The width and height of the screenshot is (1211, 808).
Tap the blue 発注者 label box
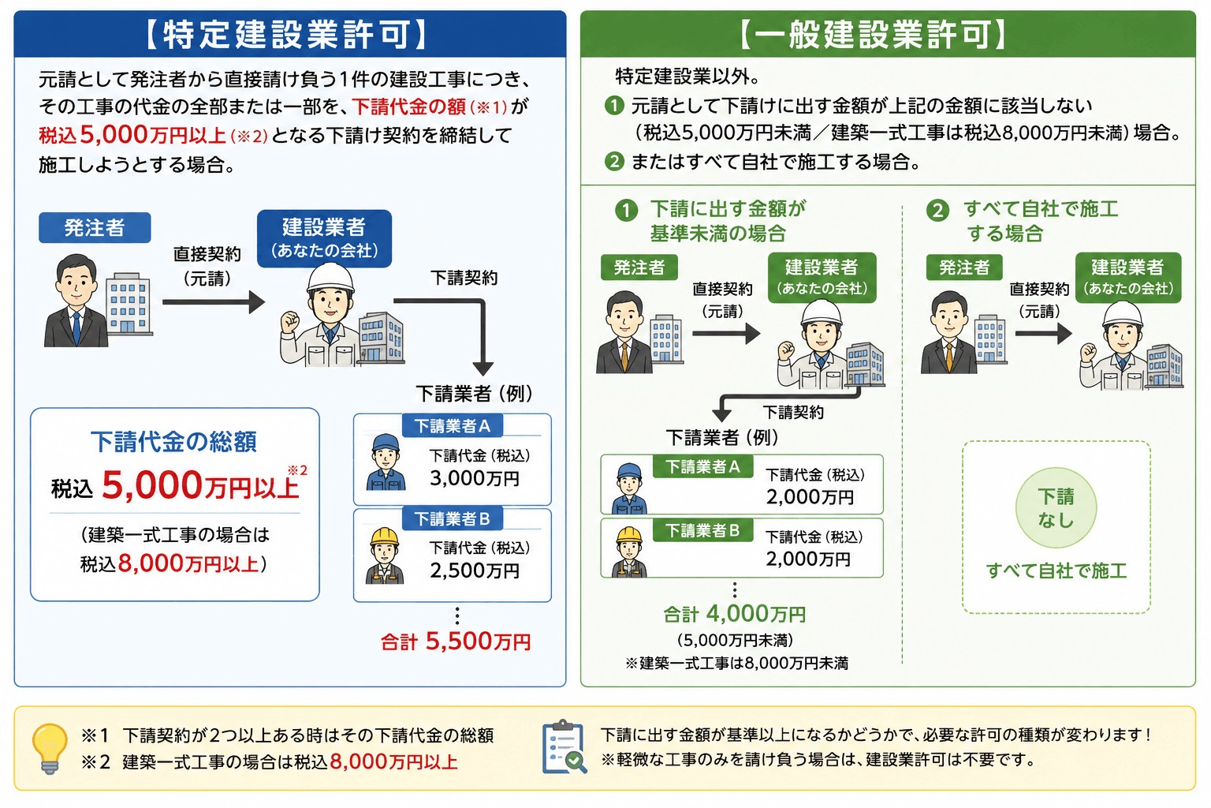click(x=95, y=227)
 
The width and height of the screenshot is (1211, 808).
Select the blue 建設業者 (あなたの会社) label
click(x=324, y=238)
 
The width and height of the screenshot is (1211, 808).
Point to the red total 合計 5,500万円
click(x=456, y=642)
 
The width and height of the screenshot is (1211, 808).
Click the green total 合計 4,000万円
click(x=735, y=614)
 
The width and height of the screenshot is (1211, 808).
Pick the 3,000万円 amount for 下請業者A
click(x=475, y=478)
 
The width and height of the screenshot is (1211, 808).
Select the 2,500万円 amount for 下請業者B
click(x=475, y=570)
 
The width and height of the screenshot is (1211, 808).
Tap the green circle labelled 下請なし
click(x=1056, y=507)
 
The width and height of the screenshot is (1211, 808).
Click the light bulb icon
click(x=50, y=749)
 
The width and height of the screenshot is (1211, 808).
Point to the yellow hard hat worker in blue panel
click(x=385, y=555)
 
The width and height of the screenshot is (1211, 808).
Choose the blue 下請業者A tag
click(x=453, y=426)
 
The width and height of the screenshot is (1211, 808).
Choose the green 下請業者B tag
click(x=702, y=530)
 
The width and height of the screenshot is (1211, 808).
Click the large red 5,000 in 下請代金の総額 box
click(x=152, y=485)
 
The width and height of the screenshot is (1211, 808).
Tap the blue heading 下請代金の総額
click(x=173, y=442)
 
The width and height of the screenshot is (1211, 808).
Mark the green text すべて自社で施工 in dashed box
click(x=1056, y=571)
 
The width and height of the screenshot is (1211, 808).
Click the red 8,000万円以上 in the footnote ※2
click(x=393, y=762)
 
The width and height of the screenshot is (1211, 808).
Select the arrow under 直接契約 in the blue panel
click(x=214, y=302)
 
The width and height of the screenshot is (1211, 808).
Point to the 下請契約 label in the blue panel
click(x=464, y=279)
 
